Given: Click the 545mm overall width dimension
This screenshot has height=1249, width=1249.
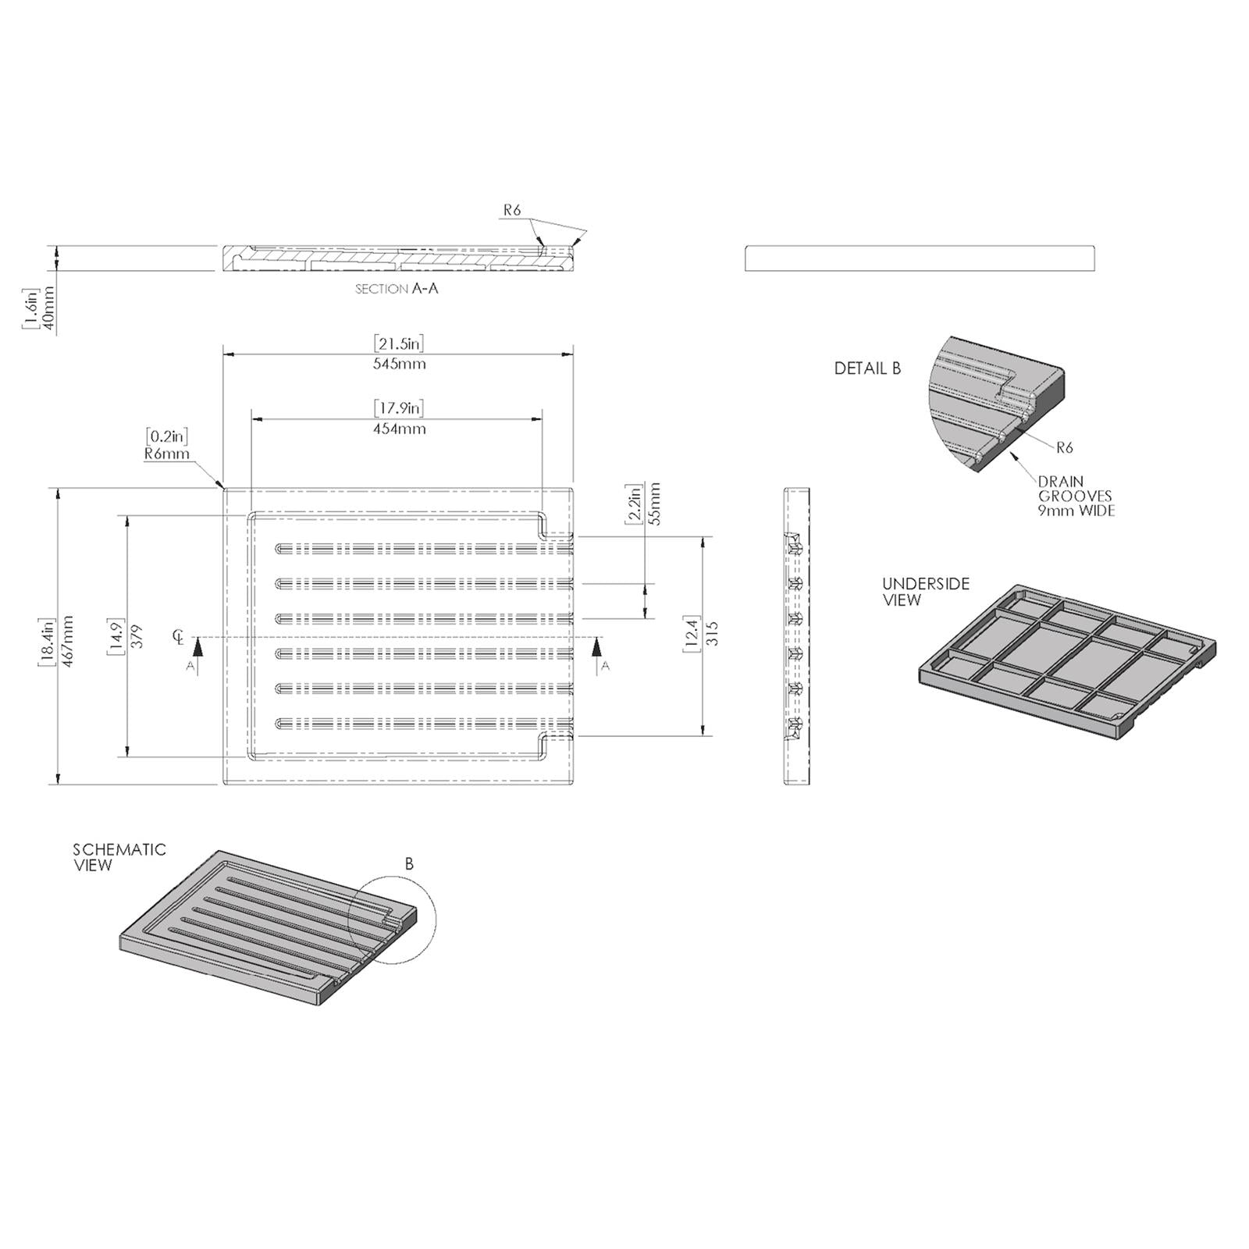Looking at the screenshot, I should point(399,364).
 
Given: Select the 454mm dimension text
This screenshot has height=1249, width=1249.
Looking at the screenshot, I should point(399,429).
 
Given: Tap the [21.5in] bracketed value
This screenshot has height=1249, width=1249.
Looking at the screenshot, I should point(399,343).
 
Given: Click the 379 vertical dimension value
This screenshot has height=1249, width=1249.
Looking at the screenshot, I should point(137,636).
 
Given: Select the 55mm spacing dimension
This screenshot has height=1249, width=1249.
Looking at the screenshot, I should point(654,504).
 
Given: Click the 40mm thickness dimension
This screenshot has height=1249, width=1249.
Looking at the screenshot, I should point(48,309).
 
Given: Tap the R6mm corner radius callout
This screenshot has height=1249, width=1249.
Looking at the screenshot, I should point(167,454).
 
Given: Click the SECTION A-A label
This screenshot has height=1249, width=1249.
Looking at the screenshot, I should point(397,289).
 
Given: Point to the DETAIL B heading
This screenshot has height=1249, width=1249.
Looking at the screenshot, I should point(867,368).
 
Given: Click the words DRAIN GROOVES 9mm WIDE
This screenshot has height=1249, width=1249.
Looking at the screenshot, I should point(1075,496).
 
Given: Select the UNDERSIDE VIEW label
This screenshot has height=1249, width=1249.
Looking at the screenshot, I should point(925,592).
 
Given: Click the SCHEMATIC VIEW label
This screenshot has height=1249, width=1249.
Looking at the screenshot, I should point(119,856).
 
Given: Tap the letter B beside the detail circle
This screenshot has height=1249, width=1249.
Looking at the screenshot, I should point(409,864).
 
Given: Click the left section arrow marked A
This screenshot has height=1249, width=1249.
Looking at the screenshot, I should point(198,654).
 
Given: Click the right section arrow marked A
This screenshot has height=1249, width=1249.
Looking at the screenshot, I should point(598,654).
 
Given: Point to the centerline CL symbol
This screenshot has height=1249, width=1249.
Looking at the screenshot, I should point(179,638).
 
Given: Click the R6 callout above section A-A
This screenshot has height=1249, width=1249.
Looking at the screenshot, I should point(512,209).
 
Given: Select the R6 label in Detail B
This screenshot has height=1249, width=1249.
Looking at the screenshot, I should point(1065,447).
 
